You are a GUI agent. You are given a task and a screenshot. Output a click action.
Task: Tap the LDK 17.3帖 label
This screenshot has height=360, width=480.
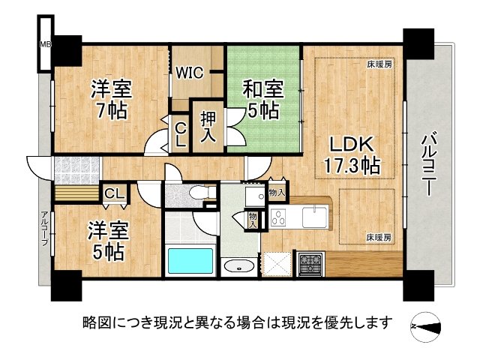[x=349, y=154]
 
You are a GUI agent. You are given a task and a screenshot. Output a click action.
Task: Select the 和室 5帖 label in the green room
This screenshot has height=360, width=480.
[x=262, y=100]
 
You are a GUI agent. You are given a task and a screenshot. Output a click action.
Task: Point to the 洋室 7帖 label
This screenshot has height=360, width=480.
[x=111, y=100]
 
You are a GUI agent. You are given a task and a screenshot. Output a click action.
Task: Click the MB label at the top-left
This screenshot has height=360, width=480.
[x=45, y=43]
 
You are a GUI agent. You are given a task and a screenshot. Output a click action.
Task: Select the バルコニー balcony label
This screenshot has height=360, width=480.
[x=429, y=163]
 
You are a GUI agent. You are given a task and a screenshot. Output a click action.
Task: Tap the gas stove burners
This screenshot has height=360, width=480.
[x=310, y=263]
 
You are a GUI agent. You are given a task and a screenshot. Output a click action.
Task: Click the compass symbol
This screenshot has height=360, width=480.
[x=426, y=325]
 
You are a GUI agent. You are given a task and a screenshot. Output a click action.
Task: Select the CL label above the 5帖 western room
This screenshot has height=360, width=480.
[x=115, y=194]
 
